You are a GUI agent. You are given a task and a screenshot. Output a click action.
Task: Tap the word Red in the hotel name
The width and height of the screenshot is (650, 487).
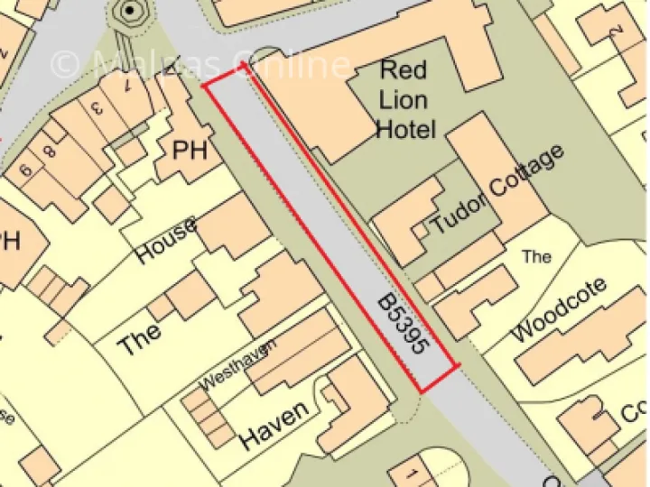pos(404,69)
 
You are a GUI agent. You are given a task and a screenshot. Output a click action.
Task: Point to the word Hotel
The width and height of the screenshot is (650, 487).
pos(405,129)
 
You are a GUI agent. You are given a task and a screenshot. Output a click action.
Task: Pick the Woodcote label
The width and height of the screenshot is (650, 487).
pos(560,310)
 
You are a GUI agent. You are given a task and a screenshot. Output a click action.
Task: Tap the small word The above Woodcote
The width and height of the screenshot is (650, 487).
pos(536,257)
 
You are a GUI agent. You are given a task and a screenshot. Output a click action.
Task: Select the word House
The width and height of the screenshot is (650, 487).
pos(166,243)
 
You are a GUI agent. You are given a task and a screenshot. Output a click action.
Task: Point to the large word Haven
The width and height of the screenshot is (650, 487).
pos(274,425)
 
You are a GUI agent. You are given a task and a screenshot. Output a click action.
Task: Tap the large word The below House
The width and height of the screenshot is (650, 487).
pos(140,340)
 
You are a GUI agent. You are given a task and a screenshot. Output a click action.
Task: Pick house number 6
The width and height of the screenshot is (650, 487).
pos(25,169)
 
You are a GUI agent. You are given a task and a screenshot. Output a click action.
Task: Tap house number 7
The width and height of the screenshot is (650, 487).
pos(126,87)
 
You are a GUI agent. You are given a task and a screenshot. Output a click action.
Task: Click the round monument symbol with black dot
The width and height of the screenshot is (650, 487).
pos(130,11)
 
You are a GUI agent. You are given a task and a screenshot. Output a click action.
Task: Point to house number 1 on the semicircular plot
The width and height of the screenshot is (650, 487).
pos(412,474)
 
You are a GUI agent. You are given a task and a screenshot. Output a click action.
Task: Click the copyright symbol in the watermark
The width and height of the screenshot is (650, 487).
pos(65,64)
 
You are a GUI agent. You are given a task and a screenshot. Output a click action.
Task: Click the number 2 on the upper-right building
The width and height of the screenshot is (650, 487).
pos(617,30)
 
